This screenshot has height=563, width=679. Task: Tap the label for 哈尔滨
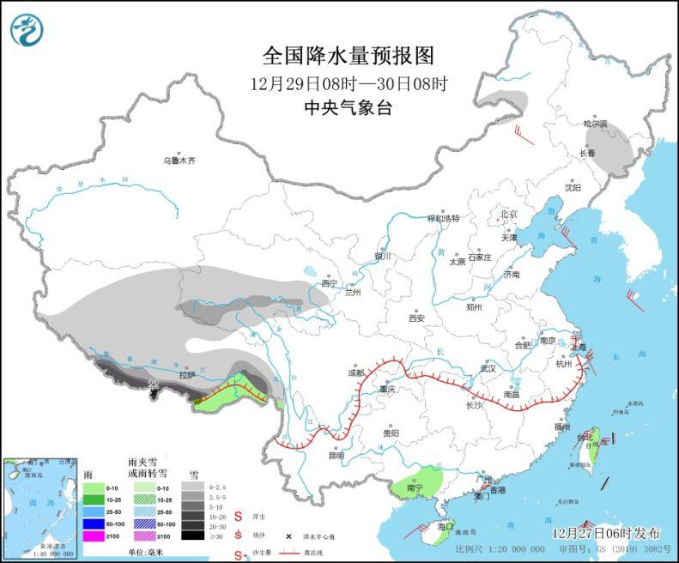595,124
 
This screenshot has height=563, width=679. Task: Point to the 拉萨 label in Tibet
186,375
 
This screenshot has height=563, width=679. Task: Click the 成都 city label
356,373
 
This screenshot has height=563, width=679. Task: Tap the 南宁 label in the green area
415,488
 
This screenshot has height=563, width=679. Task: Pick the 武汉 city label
488,367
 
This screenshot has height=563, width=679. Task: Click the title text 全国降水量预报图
348,56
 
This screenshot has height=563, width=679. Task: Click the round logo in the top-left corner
27,30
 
